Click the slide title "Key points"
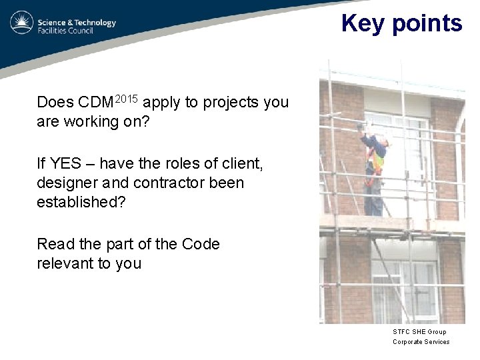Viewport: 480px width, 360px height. point(401,23)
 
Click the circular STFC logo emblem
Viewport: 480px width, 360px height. point(21,23)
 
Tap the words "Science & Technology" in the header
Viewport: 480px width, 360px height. point(77,22)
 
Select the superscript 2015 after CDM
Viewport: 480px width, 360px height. point(127,99)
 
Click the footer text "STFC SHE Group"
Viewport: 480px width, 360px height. point(419,331)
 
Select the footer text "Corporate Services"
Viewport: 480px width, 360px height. point(421,342)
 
